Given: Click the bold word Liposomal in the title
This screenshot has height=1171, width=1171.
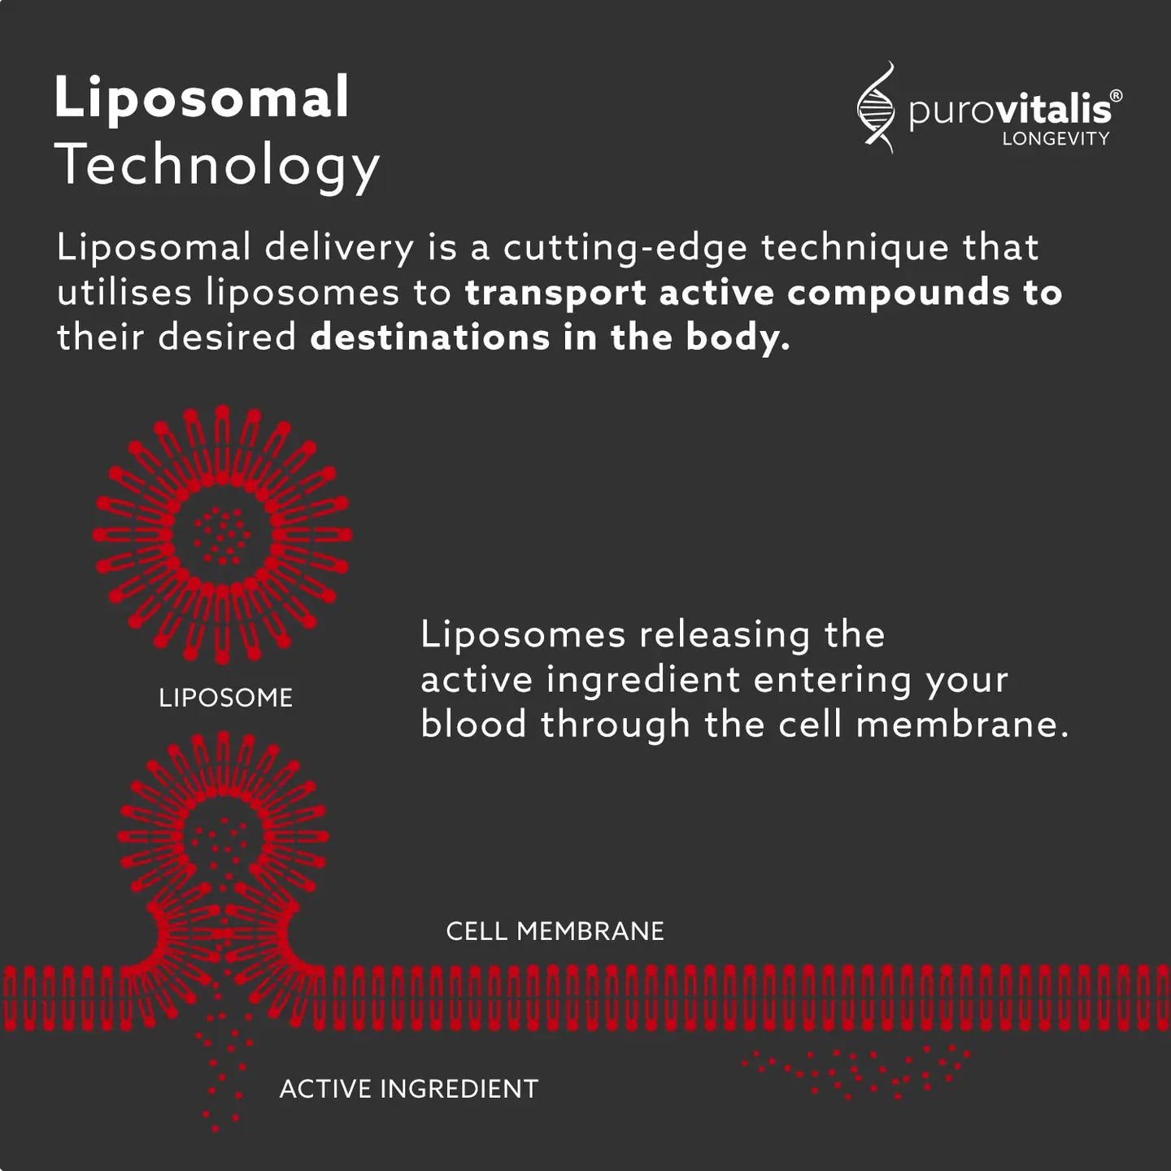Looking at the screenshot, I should (202, 98).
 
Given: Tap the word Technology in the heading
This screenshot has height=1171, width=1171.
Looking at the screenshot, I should (218, 165).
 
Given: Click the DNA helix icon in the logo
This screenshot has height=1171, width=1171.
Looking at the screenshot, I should (876, 108).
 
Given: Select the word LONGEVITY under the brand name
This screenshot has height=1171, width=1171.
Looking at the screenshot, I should (1056, 139).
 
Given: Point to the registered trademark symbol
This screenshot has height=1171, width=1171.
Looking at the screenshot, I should (1116, 96).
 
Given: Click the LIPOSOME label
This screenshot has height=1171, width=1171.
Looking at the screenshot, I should (225, 698).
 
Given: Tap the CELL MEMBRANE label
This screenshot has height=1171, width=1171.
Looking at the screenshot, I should (555, 931).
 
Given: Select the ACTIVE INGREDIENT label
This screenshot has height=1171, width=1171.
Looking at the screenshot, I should (408, 1089).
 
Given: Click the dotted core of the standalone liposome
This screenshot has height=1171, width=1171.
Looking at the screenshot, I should (222, 536).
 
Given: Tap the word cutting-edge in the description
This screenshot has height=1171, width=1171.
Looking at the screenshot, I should (625, 248).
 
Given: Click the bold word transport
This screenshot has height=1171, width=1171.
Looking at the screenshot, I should (555, 294).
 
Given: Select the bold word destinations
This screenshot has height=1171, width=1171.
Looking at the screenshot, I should (429, 337).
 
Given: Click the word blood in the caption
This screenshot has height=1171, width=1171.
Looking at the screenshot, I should (473, 724).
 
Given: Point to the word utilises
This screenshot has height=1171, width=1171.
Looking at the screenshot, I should (124, 293).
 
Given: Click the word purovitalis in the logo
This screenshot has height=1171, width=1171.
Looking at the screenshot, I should (1009, 110).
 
